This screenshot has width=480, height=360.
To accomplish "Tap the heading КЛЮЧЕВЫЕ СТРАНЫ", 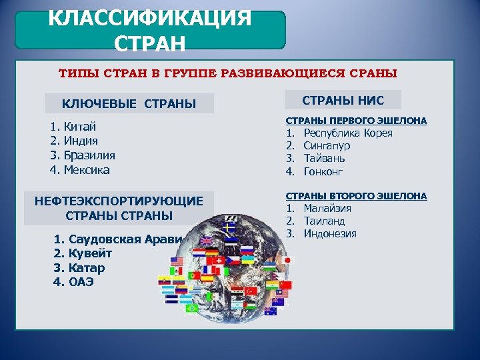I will [129, 103].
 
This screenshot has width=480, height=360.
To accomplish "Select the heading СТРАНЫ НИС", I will [343, 99].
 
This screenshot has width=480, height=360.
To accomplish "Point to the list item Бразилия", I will [89, 155].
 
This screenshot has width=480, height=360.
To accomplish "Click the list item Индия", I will [81, 141].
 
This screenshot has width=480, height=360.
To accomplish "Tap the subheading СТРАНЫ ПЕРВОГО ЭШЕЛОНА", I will [356, 121].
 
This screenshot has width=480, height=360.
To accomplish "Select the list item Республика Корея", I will [348, 133].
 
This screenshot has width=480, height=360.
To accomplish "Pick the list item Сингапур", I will [327, 145].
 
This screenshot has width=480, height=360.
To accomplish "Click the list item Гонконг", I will [323, 171].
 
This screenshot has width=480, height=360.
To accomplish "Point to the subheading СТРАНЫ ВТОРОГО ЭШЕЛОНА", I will [356, 196].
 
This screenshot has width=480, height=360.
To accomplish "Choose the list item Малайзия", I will [327, 208].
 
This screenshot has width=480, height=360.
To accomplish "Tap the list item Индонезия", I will [330, 233].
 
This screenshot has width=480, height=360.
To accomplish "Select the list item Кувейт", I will [90, 253].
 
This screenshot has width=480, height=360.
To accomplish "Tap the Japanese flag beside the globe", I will [288, 260].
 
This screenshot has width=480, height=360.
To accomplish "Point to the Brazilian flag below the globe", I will [193, 308].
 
